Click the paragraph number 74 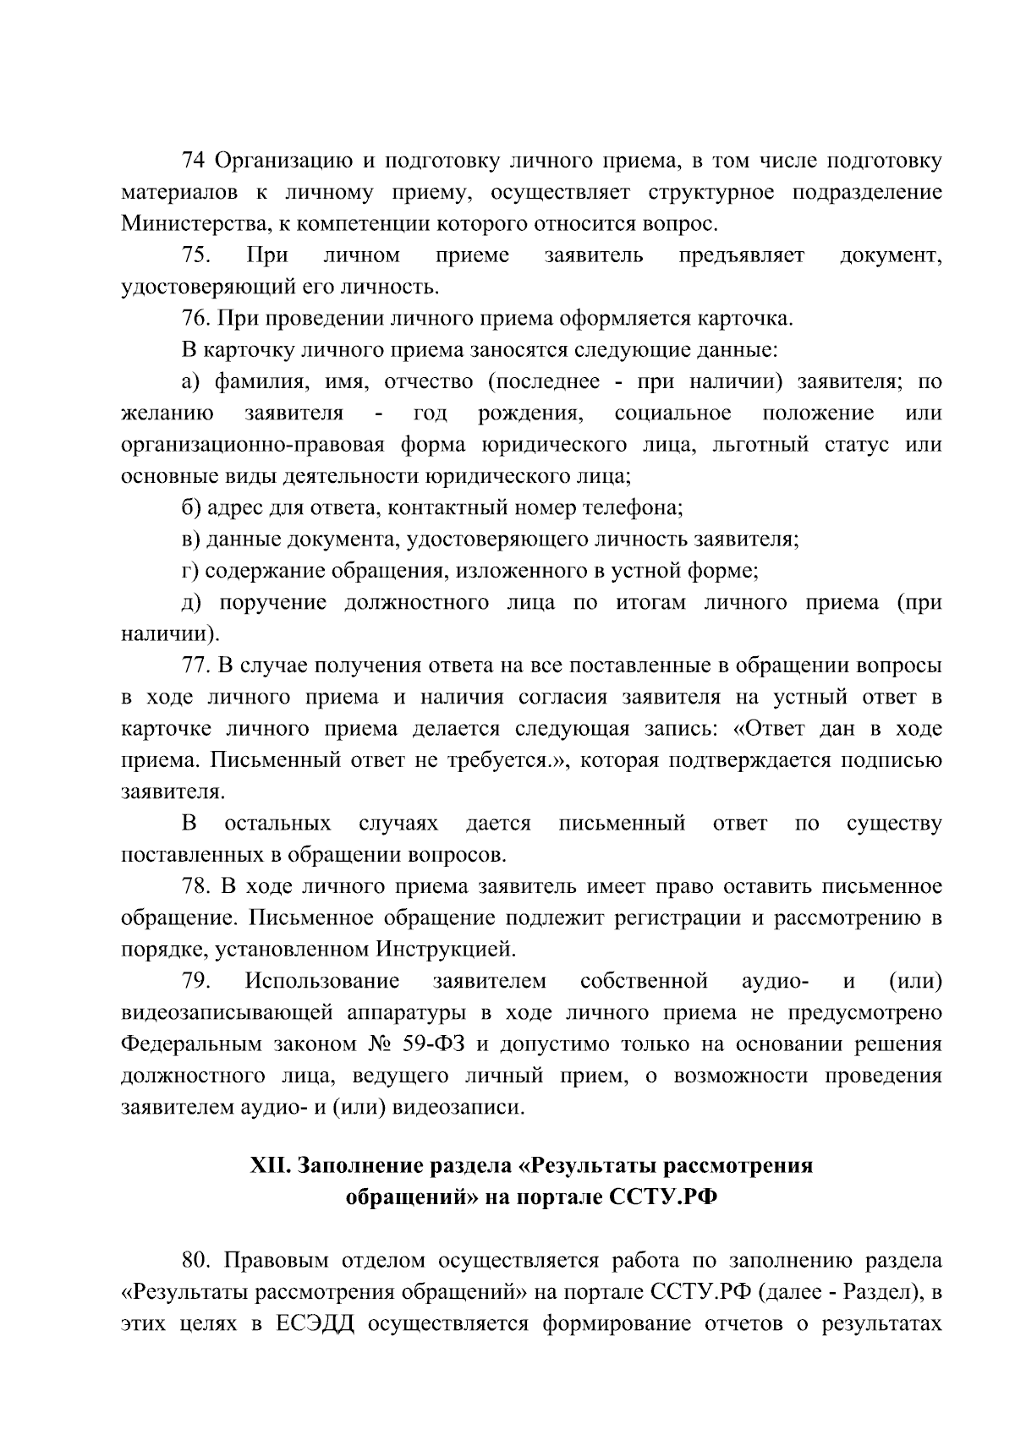coord(194,161)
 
